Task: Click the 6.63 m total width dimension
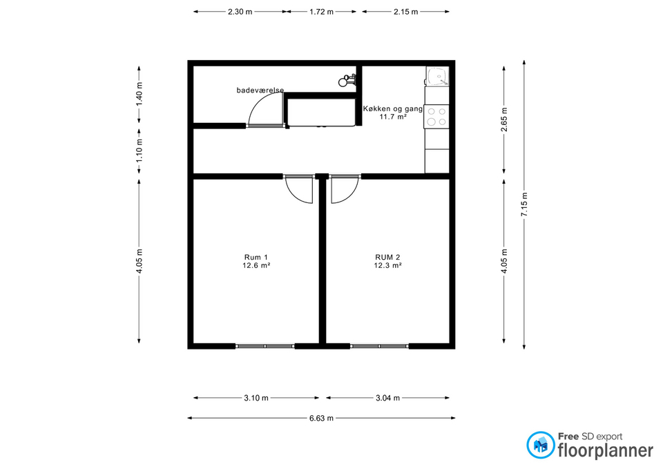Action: point(321,419)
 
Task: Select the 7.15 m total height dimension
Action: point(524,204)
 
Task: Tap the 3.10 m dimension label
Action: point(256,398)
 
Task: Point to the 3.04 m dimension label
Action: point(387,398)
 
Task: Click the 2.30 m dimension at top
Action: point(240,12)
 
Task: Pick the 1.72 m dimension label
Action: point(321,12)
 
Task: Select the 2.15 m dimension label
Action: point(406,12)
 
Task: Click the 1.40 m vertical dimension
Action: point(139,95)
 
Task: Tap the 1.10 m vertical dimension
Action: point(139,150)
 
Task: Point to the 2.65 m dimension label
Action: point(504,119)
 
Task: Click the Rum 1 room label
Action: point(256,257)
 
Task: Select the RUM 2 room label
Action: point(387,257)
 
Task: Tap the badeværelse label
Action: point(260,90)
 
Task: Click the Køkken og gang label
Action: point(393,108)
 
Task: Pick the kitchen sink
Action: point(437,76)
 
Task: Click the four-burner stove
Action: point(436,117)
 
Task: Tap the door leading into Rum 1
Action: point(299,189)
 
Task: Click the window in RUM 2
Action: point(379,346)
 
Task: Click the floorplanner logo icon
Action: point(540,446)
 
